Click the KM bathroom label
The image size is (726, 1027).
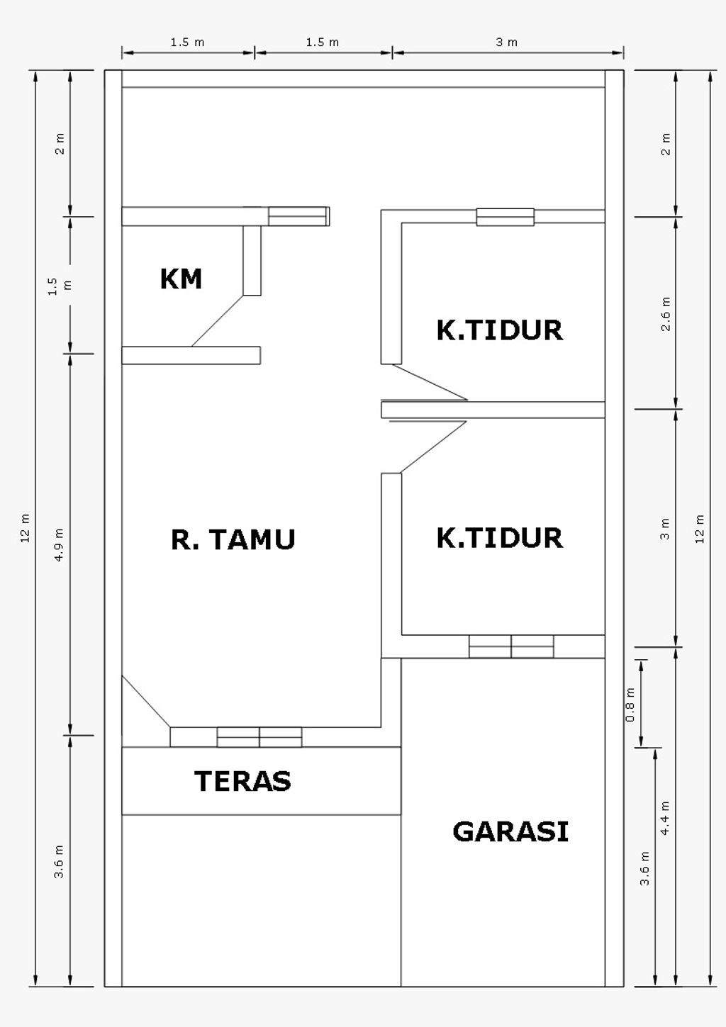181,279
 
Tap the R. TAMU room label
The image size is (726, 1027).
233,539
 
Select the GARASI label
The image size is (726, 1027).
510,831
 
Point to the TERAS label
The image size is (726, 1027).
242,781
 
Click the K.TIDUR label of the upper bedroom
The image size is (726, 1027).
499,330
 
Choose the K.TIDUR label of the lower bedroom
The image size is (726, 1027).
499,538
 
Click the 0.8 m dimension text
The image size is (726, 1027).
630,705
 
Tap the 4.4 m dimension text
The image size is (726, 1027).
665,817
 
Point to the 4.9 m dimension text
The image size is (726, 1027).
60,545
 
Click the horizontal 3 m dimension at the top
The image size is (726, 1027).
507,43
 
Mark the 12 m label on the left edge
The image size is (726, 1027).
26,527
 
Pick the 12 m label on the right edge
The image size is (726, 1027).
700,527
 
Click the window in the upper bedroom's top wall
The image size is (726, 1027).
505,217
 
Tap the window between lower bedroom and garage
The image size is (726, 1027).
511,646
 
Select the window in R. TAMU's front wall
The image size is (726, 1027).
259,737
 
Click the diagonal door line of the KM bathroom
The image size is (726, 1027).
217,321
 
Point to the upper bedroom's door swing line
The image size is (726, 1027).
430,382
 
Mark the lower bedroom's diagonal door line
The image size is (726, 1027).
433,447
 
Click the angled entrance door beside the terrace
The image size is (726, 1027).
145,701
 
